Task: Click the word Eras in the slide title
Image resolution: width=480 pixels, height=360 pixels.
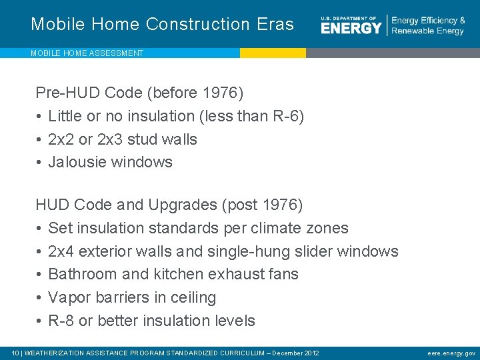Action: pyautogui.click(x=275, y=24)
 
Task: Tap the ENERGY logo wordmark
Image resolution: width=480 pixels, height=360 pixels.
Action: pyautogui.click(x=351, y=27)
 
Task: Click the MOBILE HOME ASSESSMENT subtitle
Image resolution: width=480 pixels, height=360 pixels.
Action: pyautogui.click(x=87, y=53)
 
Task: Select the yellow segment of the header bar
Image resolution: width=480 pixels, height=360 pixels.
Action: pyautogui.click(x=273, y=53)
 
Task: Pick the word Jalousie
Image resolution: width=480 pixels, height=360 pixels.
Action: pyautogui.click(x=76, y=162)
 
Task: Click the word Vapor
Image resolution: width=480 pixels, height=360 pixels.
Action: pyautogui.click(x=67, y=297)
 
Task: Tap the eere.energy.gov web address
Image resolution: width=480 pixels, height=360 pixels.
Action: pyautogui.click(x=451, y=353)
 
